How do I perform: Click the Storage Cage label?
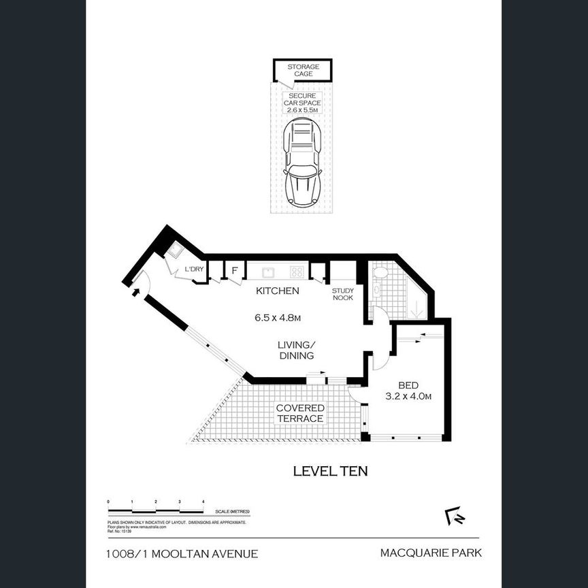pyautogui.click(x=303, y=70)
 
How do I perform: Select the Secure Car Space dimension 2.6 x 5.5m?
pyautogui.click(x=303, y=109)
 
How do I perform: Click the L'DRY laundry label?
pyautogui.click(x=195, y=269)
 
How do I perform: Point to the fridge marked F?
pyautogui.click(x=234, y=271)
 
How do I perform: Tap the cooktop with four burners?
pyautogui.click(x=297, y=272)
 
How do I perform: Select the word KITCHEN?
pyautogui.click(x=277, y=291)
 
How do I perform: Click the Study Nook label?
pyautogui.click(x=342, y=294)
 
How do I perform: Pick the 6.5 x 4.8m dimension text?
pyautogui.click(x=277, y=317)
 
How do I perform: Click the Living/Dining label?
pyautogui.click(x=295, y=350)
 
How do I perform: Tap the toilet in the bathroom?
pyautogui.click(x=380, y=273)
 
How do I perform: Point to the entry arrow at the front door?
pyautogui.click(x=135, y=292)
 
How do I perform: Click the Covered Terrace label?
pyautogui.click(x=299, y=413)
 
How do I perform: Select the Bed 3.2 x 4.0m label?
pyautogui.click(x=409, y=389)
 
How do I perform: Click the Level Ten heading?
pyautogui.click(x=330, y=470)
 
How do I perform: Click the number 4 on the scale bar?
pyautogui.click(x=203, y=502)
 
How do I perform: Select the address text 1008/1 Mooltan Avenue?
pyautogui.click(x=182, y=553)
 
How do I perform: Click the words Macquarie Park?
pyautogui.click(x=429, y=553)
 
